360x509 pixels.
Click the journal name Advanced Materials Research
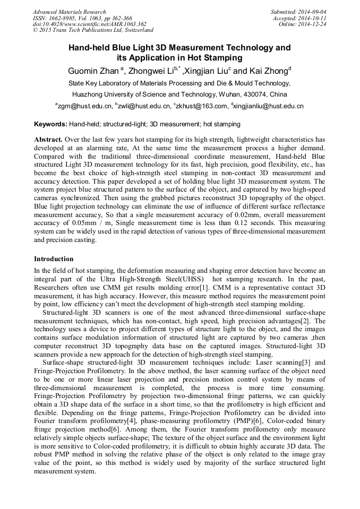point(70,12)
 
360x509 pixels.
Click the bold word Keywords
point(50,124)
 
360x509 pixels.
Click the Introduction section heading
point(54,259)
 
